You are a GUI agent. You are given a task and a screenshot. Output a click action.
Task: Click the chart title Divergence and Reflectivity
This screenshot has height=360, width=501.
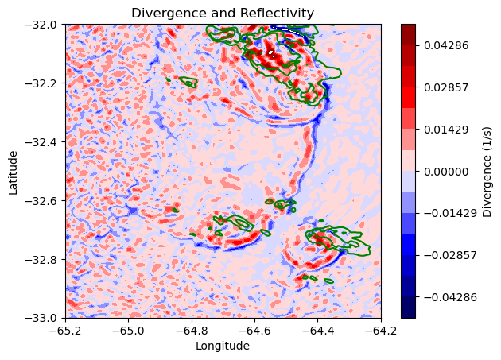pos(223,13)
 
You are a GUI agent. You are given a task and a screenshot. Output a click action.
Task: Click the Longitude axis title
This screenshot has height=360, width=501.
pos(223,346)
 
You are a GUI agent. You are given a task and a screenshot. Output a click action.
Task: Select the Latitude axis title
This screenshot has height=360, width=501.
pos(14,171)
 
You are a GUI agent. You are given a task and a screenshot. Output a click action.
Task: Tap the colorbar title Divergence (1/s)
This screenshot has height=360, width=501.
pos(487,171)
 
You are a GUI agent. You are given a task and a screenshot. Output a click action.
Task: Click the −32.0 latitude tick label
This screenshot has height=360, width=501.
pos(40,25)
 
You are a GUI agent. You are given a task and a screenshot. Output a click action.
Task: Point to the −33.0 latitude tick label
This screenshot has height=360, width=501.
pos(40,318)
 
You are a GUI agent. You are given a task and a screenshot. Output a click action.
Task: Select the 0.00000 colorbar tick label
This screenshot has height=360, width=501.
pos(445,171)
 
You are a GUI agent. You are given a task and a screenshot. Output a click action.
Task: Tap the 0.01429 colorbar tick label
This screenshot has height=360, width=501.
pos(445,129)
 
